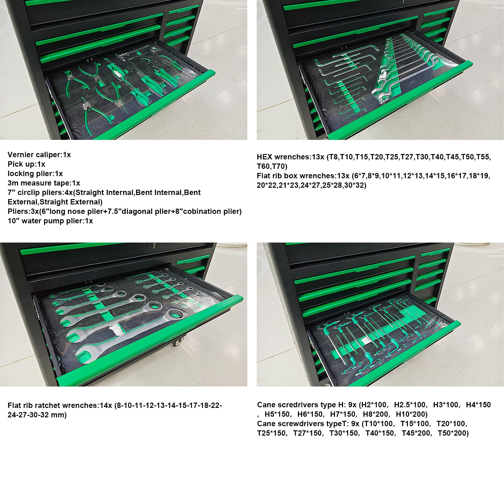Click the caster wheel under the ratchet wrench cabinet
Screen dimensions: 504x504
coord(178,341)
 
